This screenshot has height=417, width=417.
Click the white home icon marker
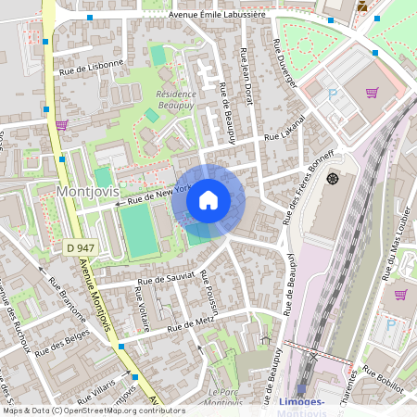208,200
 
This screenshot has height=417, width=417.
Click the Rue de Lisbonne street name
91,66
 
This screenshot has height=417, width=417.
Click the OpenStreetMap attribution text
94,411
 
